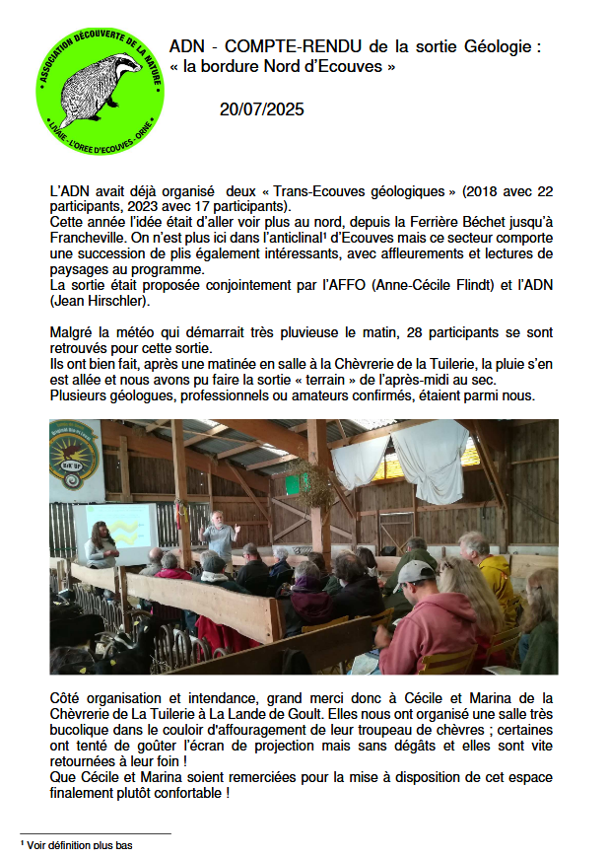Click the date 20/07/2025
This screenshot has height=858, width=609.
click(261, 109)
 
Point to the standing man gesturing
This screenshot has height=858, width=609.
click(219, 537)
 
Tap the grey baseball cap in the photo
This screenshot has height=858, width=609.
click(414, 574)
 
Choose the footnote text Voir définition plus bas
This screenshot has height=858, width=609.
click(79, 845)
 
